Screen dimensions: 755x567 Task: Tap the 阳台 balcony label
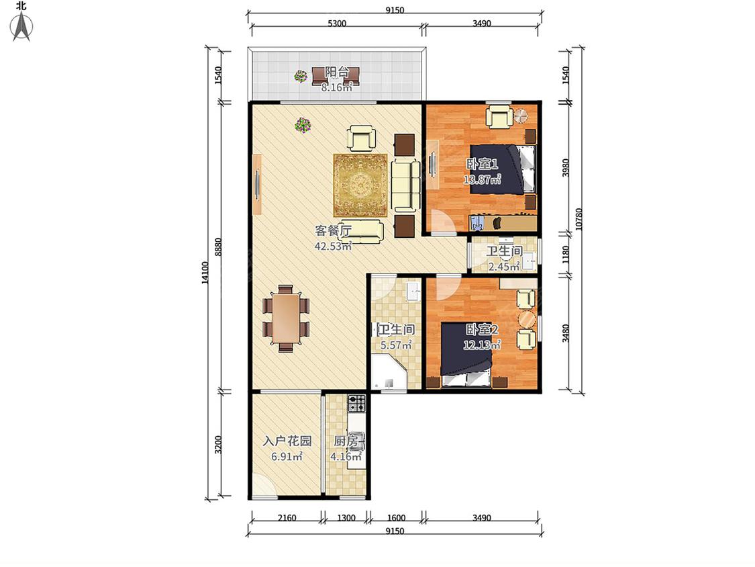337,73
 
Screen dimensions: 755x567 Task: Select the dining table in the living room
286,318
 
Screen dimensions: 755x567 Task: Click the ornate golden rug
360,185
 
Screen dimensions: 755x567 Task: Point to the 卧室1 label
482,165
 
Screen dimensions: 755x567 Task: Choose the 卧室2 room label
482,330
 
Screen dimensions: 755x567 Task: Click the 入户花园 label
287,441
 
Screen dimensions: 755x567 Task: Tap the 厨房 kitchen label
346,441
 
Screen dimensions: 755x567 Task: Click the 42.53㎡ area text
333,246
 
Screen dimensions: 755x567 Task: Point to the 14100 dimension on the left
205,272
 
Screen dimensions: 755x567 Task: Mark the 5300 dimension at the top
337,23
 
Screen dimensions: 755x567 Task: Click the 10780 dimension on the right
578,219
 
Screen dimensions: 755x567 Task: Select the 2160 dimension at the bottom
287,518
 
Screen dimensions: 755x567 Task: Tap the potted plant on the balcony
301,76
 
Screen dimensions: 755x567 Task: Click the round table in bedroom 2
526,319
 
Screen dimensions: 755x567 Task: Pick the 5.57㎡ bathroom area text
396,345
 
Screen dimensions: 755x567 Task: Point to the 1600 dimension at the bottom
396,518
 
